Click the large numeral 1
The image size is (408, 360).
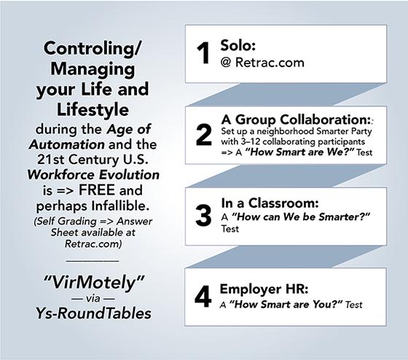203,53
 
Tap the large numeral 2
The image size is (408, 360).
204,135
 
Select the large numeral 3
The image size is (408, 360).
203,216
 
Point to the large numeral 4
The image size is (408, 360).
203,297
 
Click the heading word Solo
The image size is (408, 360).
236,45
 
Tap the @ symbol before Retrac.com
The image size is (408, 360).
226,63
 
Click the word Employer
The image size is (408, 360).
247,289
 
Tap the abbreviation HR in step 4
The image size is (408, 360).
291,289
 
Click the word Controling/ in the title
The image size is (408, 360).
93,48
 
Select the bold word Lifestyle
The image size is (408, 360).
93,109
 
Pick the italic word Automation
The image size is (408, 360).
67,145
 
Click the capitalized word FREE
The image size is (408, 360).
97,190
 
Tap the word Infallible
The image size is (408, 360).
120,206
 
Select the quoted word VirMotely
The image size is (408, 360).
93,282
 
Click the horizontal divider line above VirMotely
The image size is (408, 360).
93,260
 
